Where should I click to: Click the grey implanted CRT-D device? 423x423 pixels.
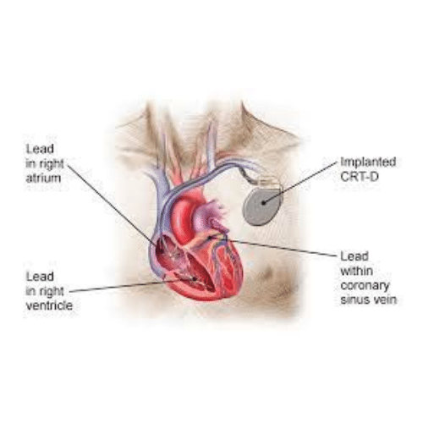(263, 206)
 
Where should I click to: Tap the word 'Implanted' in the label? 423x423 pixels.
(368, 162)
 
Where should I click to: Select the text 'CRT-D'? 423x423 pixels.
(360, 177)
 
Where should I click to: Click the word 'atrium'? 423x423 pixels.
(43, 179)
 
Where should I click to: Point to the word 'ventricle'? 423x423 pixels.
(49, 305)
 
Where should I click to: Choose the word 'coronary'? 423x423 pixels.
(365, 285)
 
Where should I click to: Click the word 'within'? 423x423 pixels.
(356, 271)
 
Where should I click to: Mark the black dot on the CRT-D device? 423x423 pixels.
(264, 202)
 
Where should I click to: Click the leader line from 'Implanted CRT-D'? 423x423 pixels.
(300, 182)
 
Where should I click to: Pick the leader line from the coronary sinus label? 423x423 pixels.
(273, 246)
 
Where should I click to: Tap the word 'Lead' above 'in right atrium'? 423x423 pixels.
(40, 149)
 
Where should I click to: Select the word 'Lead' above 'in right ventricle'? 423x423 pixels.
(40, 277)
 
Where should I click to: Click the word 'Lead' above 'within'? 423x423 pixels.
(354, 256)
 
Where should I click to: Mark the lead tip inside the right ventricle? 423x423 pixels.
(195, 279)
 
